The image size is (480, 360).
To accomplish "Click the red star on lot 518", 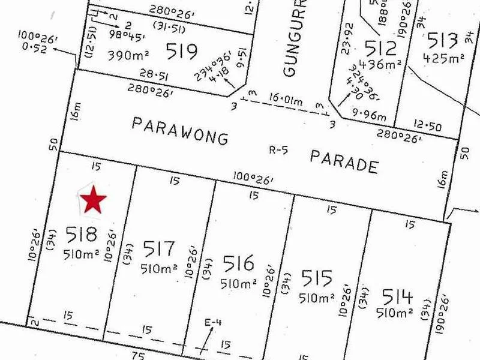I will pos(93,200).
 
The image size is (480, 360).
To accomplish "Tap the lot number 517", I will pos(159,249).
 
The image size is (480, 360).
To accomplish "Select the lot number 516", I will pos(238,263).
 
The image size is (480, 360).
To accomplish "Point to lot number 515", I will pos(317,278).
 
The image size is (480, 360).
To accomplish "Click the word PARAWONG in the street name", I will pos(180,131).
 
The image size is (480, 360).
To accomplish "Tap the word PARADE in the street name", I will pos(344,161).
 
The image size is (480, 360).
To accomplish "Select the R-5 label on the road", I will pos(278,150).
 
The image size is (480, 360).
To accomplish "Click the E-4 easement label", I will pos(213,323).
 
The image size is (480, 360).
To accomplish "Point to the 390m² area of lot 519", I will pos(128,56).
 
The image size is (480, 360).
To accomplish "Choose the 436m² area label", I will pos(385,65).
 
